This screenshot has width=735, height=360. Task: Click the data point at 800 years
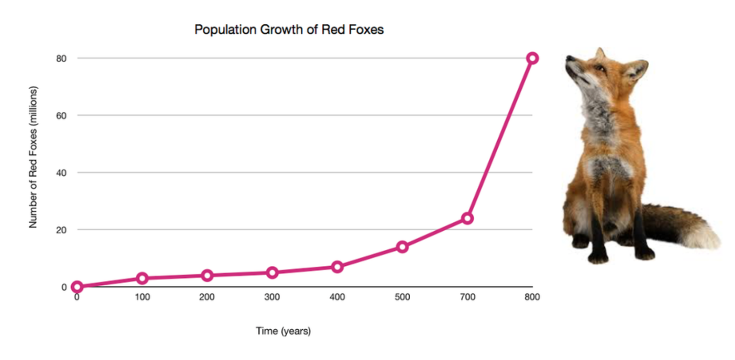(532, 58)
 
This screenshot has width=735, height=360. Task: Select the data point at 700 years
(467, 218)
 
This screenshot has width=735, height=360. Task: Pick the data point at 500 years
(402, 247)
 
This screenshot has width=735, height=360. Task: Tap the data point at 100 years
(142, 278)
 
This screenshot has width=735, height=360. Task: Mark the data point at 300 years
(272, 273)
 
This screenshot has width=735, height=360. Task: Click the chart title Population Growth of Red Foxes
(289, 29)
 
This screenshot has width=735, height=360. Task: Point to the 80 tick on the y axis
(61, 58)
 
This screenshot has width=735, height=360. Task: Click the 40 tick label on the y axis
(61, 173)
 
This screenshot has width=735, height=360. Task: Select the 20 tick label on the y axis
(61, 230)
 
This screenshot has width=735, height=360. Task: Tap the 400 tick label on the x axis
(337, 297)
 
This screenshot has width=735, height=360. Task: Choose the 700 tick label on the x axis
(467, 297)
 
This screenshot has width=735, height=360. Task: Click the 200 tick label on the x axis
(207, 297)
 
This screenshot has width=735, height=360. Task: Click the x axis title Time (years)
(283, 331)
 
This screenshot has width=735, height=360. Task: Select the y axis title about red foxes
(33, 157)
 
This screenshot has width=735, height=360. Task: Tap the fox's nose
(569, 58)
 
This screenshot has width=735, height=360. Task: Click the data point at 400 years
(337, 267)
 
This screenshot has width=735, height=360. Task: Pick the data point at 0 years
(77, 287)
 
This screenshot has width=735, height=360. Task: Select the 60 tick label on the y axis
(61, 116)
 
